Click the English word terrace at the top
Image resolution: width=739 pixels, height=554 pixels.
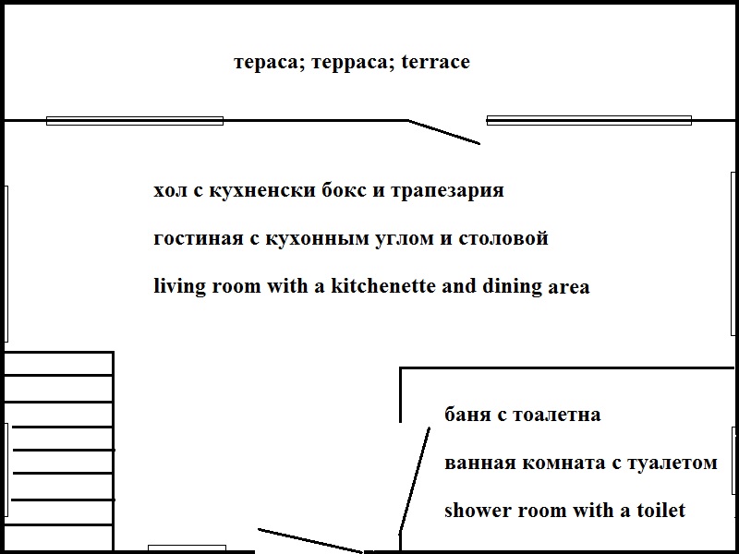[x=435, y=63]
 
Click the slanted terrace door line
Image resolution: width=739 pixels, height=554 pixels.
[x=444, y=132]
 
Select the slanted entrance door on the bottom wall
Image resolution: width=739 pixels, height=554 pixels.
[x=309, y=541]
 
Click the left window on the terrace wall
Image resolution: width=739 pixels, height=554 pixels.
[x=135, y=121]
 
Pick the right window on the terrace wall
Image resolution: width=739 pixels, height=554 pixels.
[x=588, y=120]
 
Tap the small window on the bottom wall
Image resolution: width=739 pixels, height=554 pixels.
[x=187, y=548]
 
